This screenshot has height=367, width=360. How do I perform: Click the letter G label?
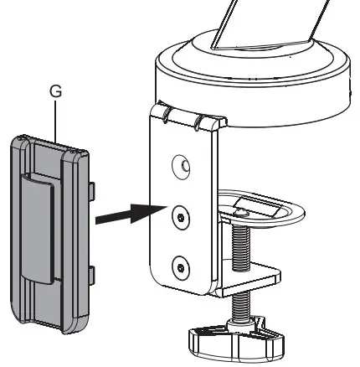tap(56, 94)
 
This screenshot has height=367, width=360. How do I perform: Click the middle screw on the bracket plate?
tap(177, 216)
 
